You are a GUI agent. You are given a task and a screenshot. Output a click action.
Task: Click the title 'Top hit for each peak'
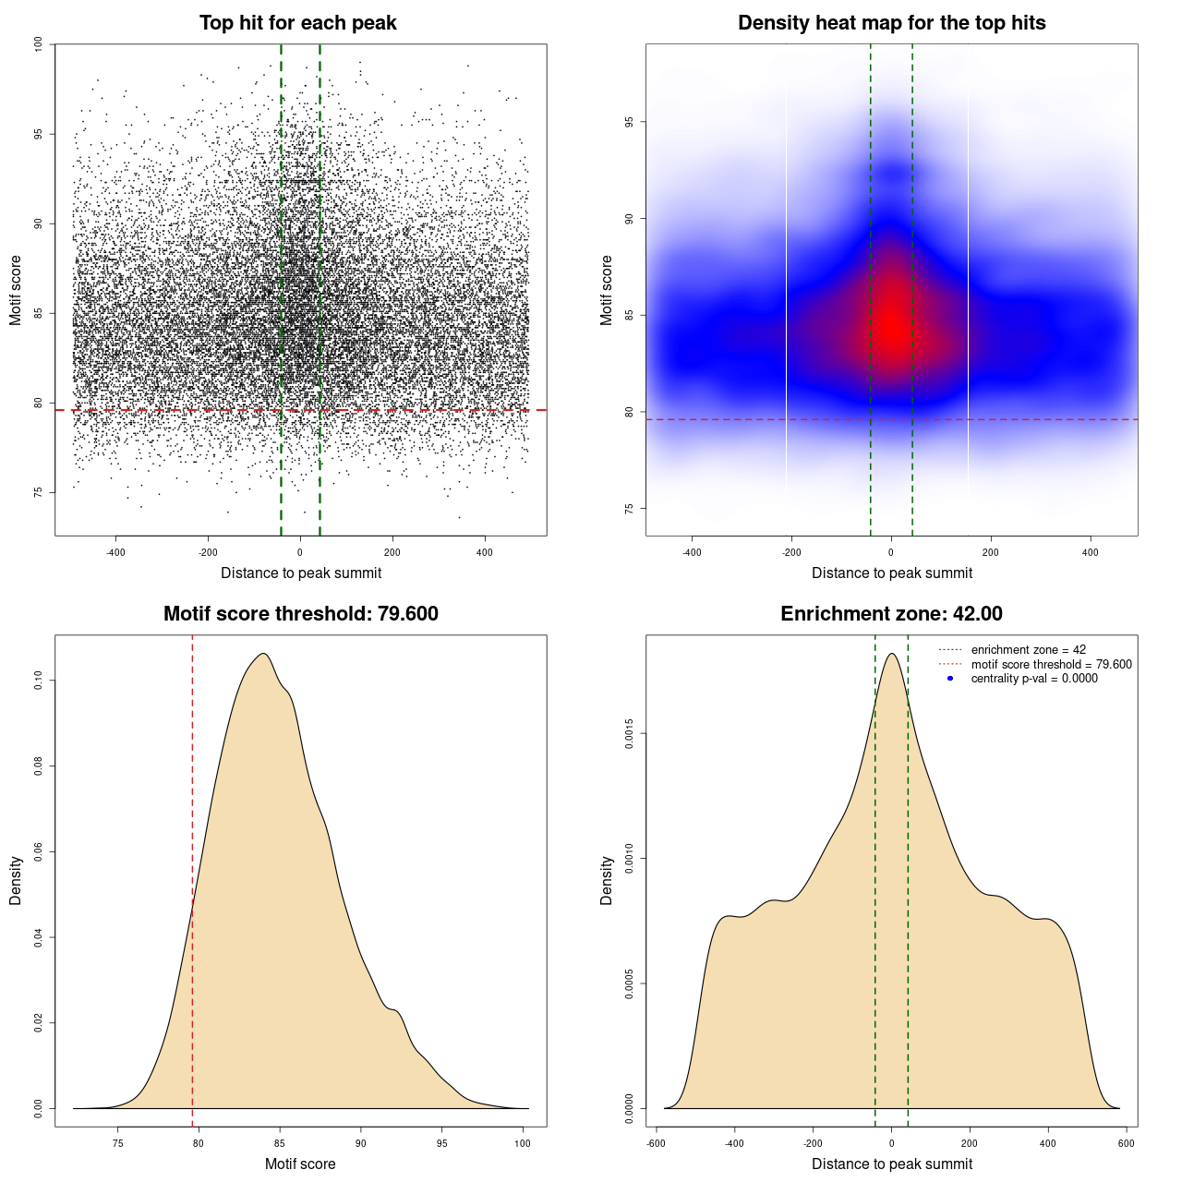click(x=297, y=23)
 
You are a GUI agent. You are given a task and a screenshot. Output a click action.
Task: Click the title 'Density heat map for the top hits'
click(x=891, y=23)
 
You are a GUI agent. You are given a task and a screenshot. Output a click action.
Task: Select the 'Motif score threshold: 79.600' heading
click(x=300, y=614)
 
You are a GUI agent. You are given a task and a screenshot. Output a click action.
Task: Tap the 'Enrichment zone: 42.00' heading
click(x=891, y=614)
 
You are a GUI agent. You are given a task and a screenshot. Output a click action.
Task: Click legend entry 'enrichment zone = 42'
click(x=1028, y=650)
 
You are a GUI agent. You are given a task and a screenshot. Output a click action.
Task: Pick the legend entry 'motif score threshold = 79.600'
click(x=1051, y=664)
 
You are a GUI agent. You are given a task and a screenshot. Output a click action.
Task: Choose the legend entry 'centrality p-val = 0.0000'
click(x=1034, y=679)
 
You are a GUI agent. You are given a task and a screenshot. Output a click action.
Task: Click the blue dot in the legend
click(x=950, y=679)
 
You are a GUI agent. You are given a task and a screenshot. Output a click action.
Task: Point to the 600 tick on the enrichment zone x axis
click(x=1126, y=1143)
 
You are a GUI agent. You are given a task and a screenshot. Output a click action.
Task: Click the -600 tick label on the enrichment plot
click(x=655, y=1143)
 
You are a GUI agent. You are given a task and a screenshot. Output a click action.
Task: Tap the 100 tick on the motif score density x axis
click(x=523, y=1143)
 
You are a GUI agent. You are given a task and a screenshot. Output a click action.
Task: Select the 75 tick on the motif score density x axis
click(x=117, y=1143)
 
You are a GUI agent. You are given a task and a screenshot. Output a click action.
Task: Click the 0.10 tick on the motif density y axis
click(x=38, y=681)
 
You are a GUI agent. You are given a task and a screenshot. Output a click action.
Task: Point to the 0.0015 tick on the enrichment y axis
click(x=629, y=735)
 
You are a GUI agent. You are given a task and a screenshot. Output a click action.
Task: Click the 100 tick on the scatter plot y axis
click(x=38, y=44)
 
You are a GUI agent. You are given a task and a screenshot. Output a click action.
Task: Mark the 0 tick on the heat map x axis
click(x=891, y=552)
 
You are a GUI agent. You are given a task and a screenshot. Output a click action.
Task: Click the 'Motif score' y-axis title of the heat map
click(x=607, y=290)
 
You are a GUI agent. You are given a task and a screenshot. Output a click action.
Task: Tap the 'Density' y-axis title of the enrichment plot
click(x=607, y=880)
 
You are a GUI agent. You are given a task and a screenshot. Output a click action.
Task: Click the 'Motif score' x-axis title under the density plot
click(x=300, y=1164)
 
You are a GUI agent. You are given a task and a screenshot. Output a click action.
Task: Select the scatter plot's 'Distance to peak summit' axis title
click(x=301, y=573)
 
